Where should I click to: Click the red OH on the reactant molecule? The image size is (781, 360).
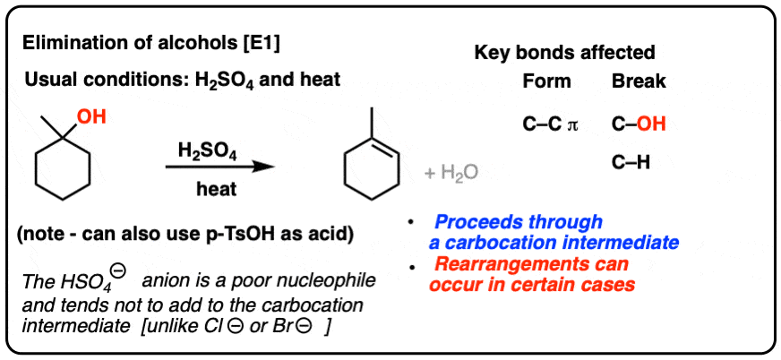pyautogui.click(x=90, y=118)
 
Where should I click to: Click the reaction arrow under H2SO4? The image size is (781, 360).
pyautogui.click(x=220, y=167)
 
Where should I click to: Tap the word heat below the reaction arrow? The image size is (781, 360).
pyautogui.click(x=216, y=189)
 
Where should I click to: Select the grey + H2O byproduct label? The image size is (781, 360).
pyautogui.click(x=451, y=173)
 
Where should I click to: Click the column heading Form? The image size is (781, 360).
pyautogui.click(x=547, y=81)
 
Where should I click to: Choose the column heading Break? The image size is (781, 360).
pyautogui.click(x=639, y=81)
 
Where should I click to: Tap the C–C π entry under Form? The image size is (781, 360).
pyautogui.click(x=550, y=124)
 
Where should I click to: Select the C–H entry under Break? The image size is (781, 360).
pyautogui.click(x=631, y=163)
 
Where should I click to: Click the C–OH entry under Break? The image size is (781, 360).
pyautogui.click(x=639, y=124)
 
